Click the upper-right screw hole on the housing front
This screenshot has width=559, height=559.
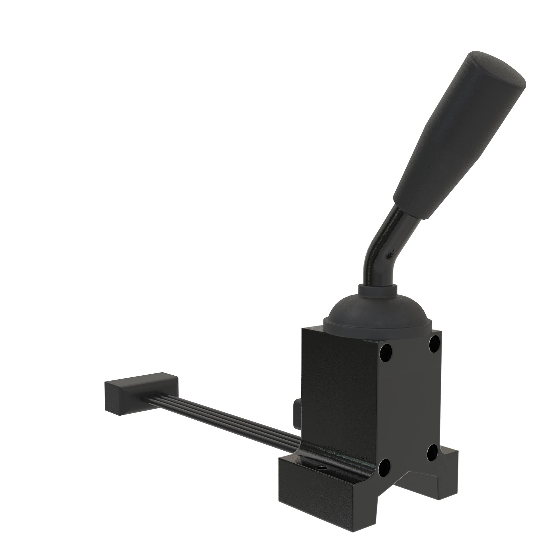435,344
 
